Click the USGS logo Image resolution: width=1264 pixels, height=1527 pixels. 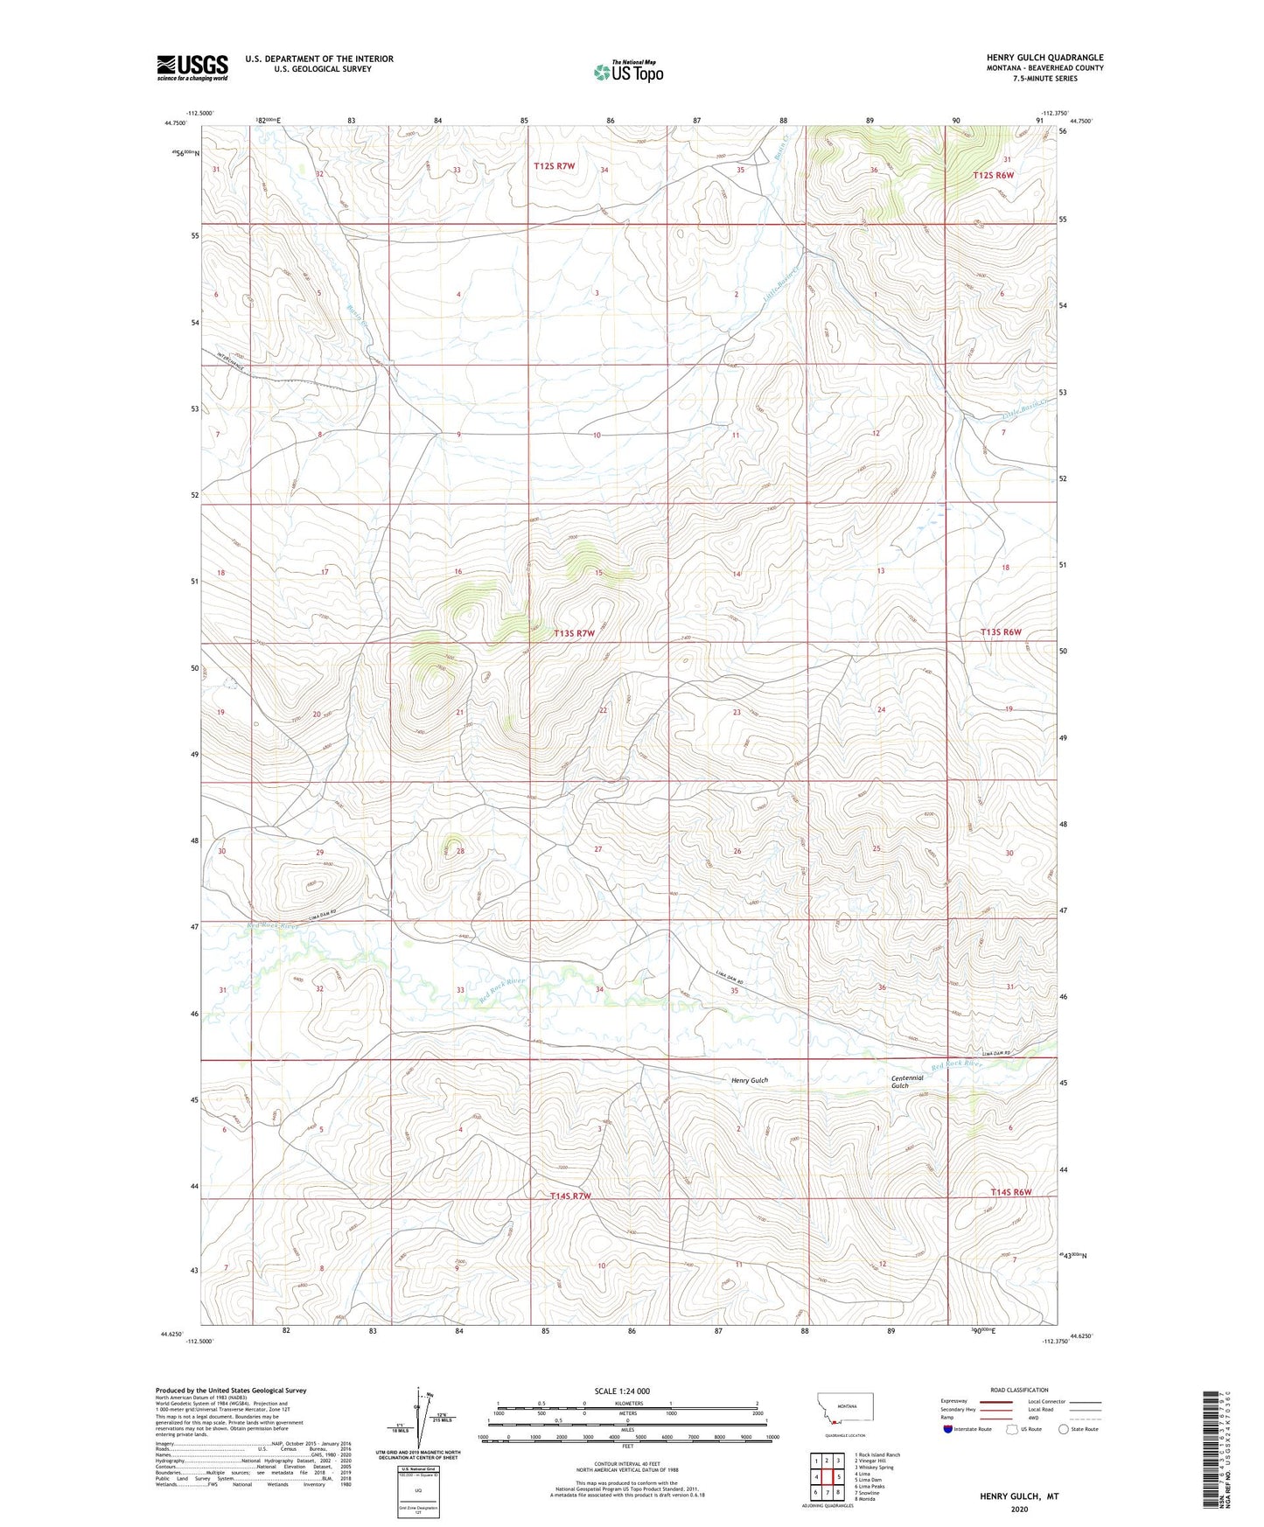click(192, 67)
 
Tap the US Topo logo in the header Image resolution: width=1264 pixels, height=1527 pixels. click(627, 72)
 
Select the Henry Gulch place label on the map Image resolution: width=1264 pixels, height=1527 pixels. click(749, 1080)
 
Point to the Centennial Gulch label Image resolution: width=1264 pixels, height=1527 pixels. click(907, 1081)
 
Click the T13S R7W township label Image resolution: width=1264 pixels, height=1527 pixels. click(574, 633)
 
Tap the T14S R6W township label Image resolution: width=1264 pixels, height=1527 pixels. click(1011, 1192)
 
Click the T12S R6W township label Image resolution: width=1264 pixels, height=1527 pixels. click(993, 175)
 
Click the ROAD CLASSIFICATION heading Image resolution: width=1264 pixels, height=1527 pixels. click(1019, 1390)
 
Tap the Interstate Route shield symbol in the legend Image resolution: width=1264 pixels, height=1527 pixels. click(948, 1429)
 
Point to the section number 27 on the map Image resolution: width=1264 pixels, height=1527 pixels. click(598, 849)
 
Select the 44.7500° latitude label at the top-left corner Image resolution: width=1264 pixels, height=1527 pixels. click(175, 123)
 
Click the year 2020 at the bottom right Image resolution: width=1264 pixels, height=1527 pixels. click(1018, 1510)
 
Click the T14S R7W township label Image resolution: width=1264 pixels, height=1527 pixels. click(570, 1196)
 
